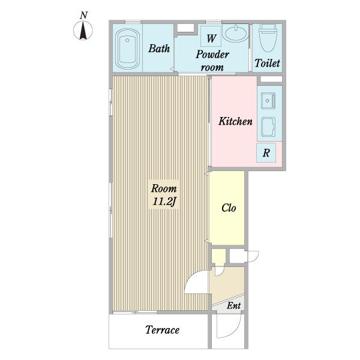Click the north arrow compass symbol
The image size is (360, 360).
tap(83, 31)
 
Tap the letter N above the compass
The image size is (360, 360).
tap(84, 16)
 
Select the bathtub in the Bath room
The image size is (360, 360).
tap(127, 49)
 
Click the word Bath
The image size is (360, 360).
tap(159, 49)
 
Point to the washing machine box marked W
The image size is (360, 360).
tap(211, 36)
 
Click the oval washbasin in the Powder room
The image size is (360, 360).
tap(236, 33)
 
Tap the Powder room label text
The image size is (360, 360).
tap(212, 61)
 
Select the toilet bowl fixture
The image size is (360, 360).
tap(267, 38)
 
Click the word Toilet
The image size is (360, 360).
tap(267, 63)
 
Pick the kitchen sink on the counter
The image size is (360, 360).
tap(268, 101)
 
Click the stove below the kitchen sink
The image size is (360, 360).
tap(268, 127)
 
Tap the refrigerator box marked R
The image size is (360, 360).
tap(266, 152)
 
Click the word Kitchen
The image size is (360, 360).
tap(235, 121)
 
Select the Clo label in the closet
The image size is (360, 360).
tap(229, 208)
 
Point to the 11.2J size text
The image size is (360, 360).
tap(164, 202)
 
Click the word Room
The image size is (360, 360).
tap(164, 188)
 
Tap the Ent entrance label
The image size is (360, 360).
tap(234, 305)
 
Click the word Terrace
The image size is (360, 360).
tap(163, 330)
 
